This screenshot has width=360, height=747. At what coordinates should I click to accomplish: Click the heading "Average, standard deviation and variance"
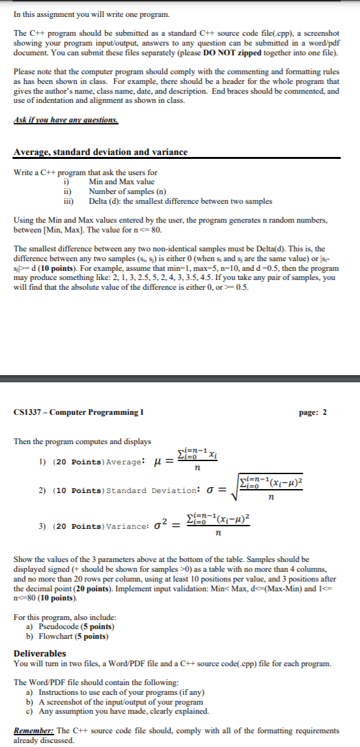point(100,152)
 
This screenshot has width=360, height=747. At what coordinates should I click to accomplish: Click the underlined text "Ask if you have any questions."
point(66,120)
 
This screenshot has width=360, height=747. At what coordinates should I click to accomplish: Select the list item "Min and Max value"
point(122,182)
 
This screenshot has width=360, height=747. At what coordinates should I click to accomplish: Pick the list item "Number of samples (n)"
point(126,191)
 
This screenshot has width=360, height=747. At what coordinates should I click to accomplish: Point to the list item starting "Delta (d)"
point(180,201)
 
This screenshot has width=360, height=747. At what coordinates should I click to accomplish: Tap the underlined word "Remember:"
point(32,731)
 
